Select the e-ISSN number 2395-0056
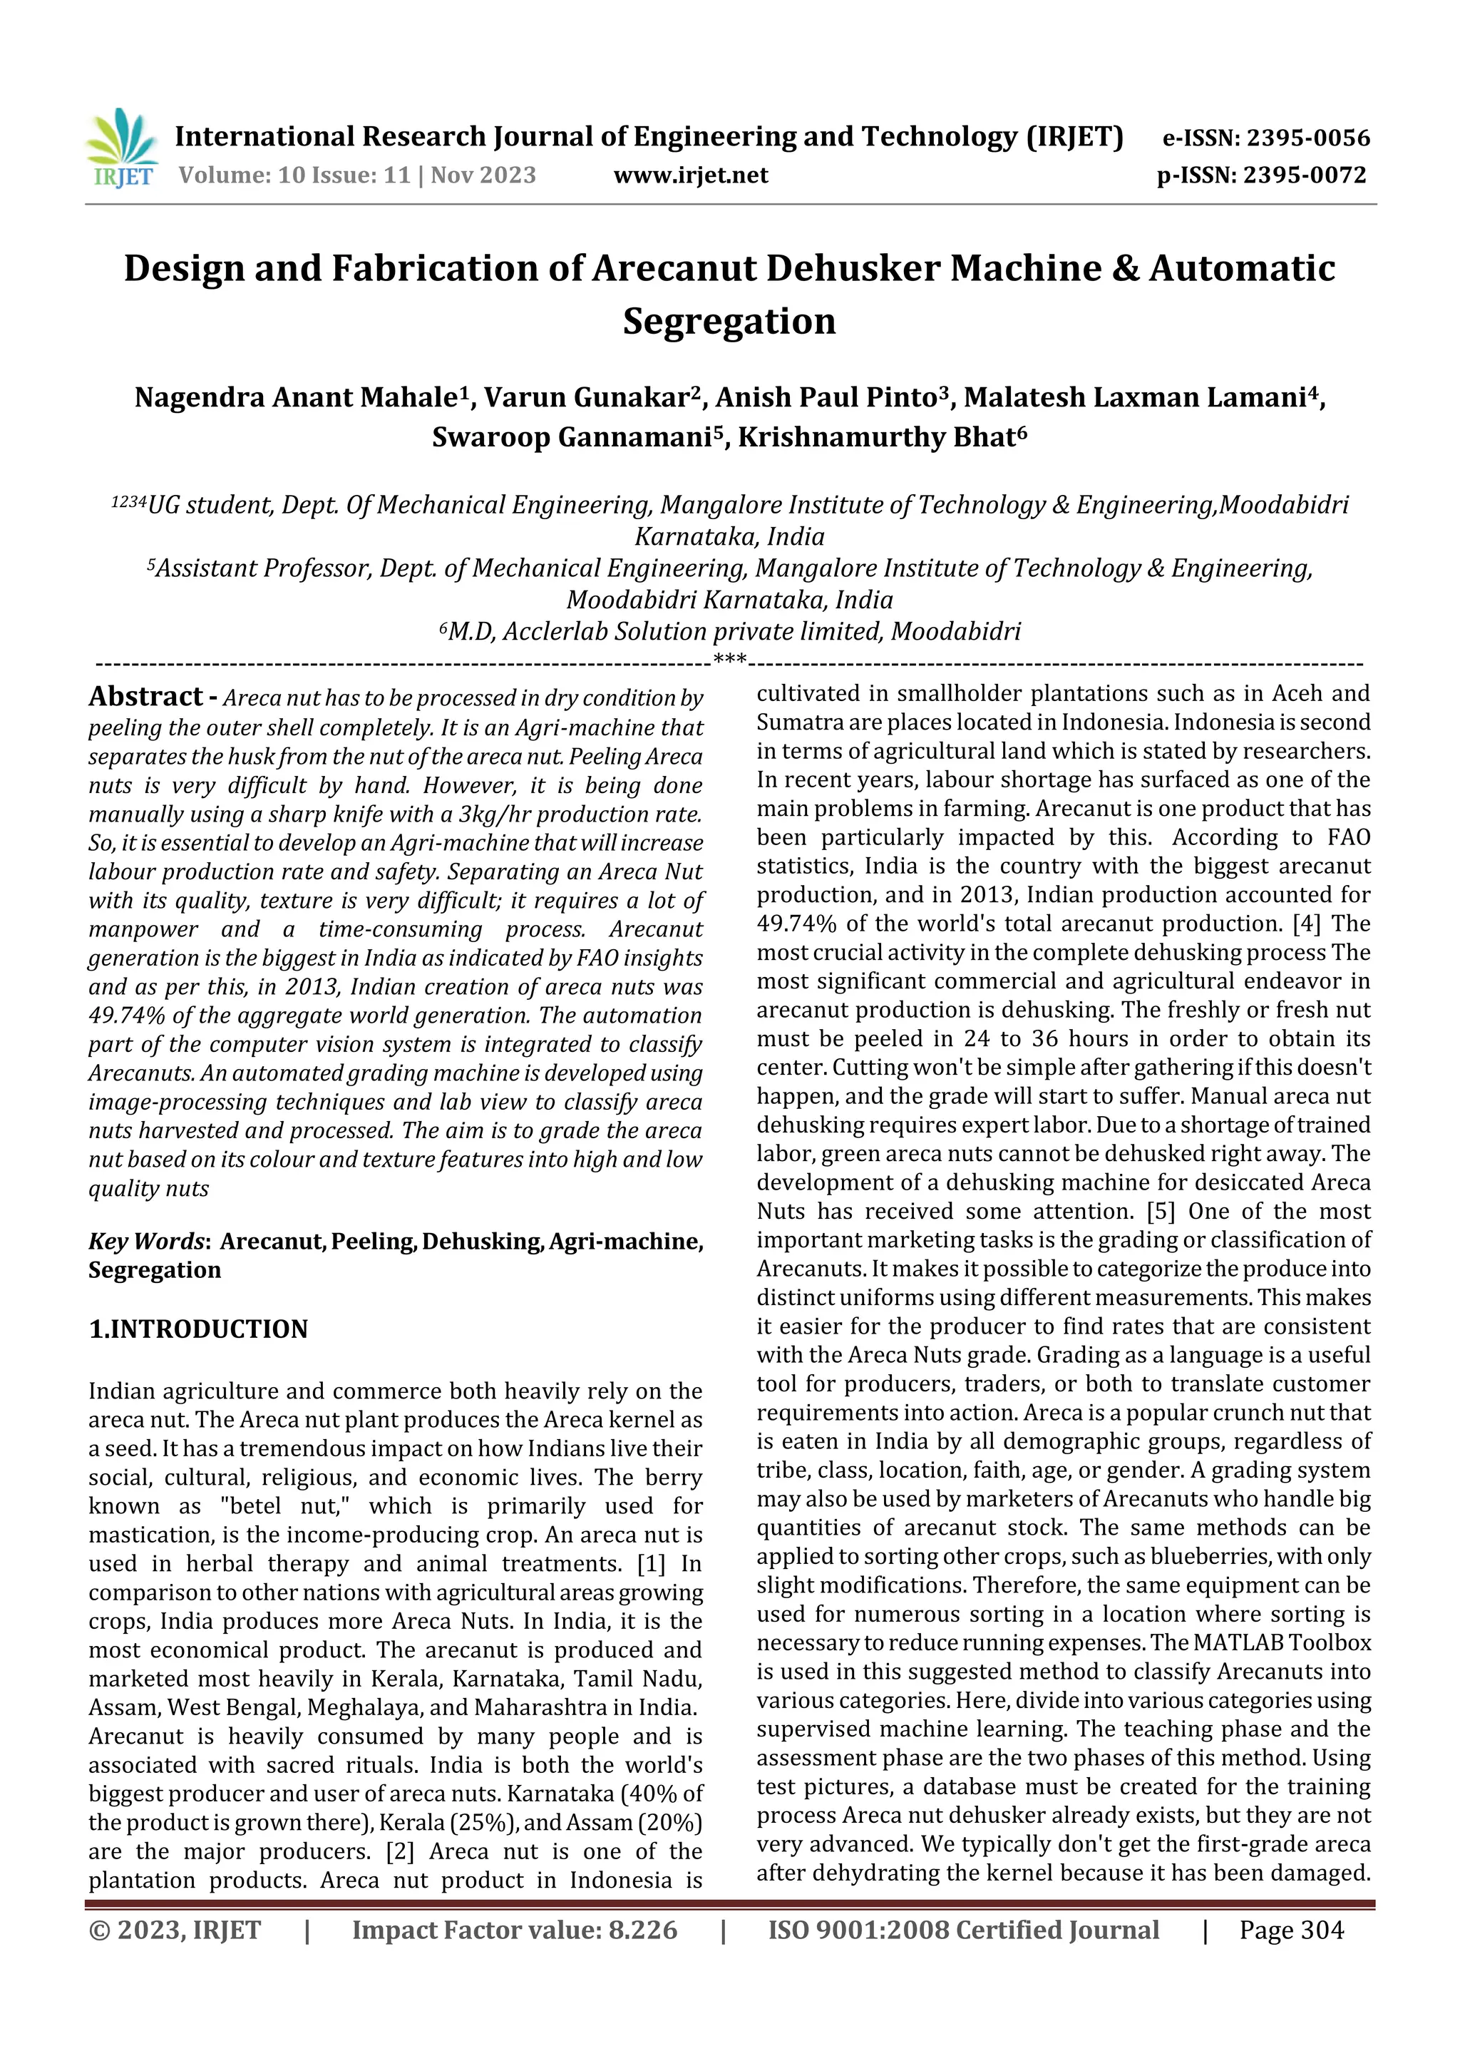click(x=1308, y=138)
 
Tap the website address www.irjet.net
click(x=690, y=175)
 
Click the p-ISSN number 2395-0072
click(x=1305, y=175)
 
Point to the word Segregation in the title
click(x=729, y=321)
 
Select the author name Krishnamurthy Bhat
click(x=882, y=437)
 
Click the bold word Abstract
click(x=145, y=697)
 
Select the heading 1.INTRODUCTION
click(x=198, y=1329)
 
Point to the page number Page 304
click(x=1291, y=1930)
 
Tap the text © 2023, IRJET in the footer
click(x=175, y=1930)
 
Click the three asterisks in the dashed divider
click(x=729, y=660)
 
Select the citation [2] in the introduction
click(x=399, y=1852)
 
